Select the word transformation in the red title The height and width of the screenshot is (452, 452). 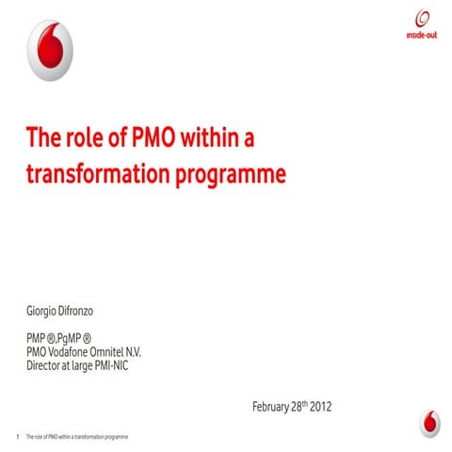coord(91,174)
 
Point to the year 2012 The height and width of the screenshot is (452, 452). coord(320,407)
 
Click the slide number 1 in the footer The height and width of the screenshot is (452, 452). coord(18,439)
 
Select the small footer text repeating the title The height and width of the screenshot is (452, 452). coord(76,439)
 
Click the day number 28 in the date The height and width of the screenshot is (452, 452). coord(299,407)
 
